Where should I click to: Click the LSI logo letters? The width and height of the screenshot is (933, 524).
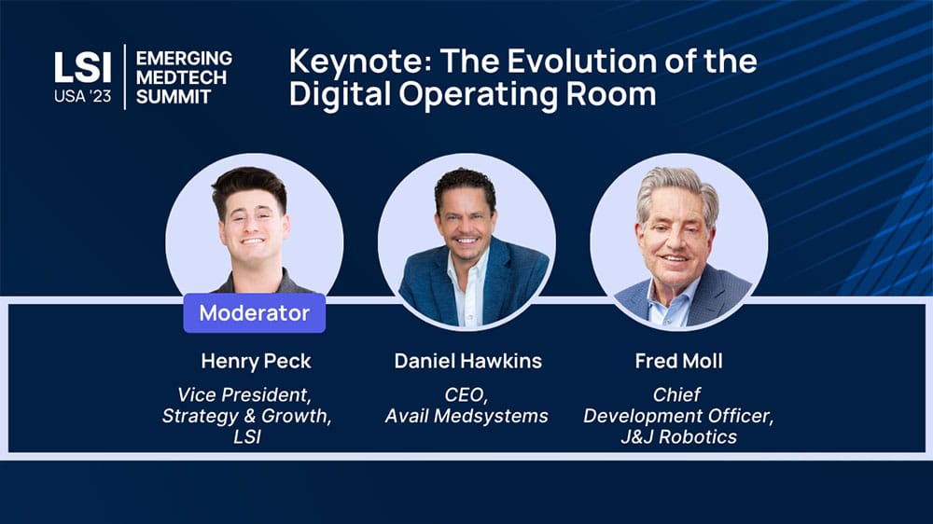coord(83,67)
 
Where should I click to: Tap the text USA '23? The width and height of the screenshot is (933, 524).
coord(83,96)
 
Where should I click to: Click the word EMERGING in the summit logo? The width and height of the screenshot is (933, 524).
coord(184,59)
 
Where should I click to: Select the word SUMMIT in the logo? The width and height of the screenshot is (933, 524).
coord(174,96)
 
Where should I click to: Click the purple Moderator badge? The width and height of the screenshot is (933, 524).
coord(254,313)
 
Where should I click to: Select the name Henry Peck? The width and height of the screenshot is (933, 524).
coord(256,361)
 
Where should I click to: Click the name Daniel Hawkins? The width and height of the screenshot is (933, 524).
coord(467,361)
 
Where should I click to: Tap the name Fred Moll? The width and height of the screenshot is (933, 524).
coord(678,361)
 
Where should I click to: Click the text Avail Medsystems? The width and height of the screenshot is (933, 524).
coord(466,416)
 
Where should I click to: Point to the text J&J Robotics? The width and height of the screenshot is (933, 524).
coord(678,437)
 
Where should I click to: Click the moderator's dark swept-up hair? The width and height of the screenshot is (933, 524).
coord(250,185)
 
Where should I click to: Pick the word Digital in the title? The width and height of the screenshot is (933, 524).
coord(340,95)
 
